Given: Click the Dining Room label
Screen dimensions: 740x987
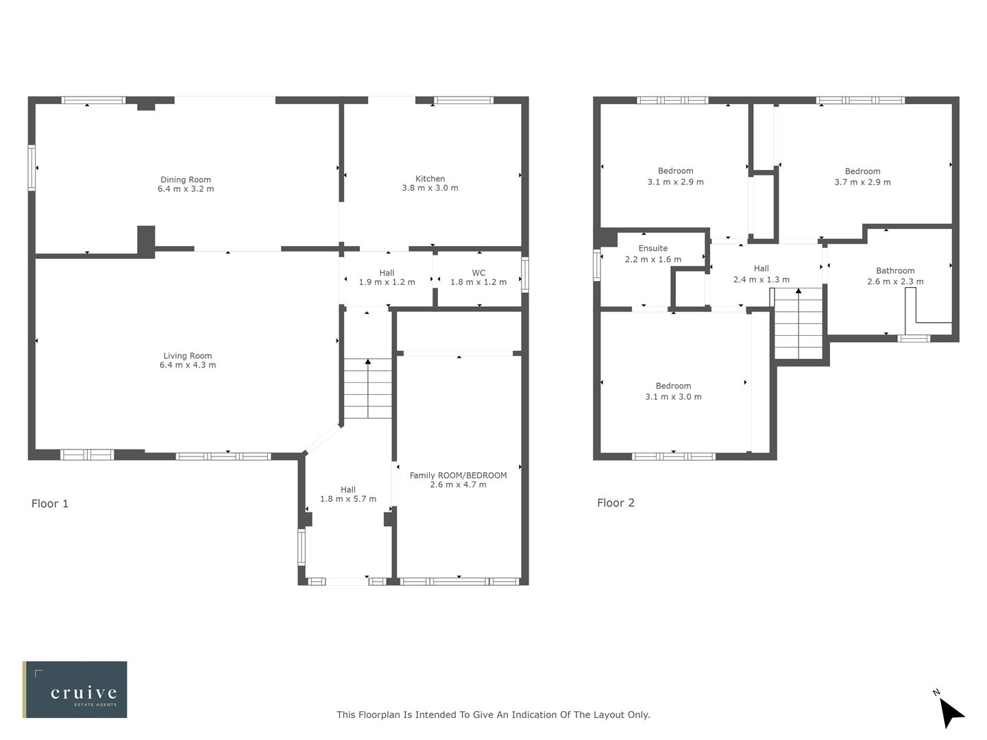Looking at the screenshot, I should (x=185, y=180).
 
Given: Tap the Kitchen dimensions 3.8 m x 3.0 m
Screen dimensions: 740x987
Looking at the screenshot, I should (x=430, y=188).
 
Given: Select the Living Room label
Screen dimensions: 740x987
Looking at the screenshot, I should (x=187, y=356).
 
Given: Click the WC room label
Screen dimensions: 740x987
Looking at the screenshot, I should (x=478, y=273).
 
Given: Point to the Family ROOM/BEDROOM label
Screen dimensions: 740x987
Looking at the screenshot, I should (x=458, y=475).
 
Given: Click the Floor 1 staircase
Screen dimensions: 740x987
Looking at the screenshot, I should (x=367, y=388).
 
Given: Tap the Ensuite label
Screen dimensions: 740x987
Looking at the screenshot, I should (x=653, y=248).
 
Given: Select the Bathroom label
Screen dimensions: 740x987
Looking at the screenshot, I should (x=895, y=271).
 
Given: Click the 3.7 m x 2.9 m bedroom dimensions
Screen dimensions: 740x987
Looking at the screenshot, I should (x=862, y=182).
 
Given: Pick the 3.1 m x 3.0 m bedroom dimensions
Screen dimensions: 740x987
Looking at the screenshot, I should (x=673, y=397).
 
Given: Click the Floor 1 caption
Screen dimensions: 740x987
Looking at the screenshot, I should (x=50, y=504).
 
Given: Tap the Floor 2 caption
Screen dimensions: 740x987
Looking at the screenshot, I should (x=616, y=503).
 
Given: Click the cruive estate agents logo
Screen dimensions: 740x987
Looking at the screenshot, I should (x=75, y=689).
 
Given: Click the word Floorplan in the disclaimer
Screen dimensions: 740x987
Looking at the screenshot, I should (x=378, y=715).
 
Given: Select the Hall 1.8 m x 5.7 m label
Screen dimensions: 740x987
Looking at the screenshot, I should (x=348, y=494).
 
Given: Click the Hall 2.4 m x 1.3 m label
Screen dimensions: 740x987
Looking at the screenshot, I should (x=761, y=274).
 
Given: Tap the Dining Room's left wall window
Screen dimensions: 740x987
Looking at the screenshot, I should (x=32, y=167).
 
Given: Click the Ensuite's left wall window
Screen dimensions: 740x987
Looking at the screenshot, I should (x=596, y=264).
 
